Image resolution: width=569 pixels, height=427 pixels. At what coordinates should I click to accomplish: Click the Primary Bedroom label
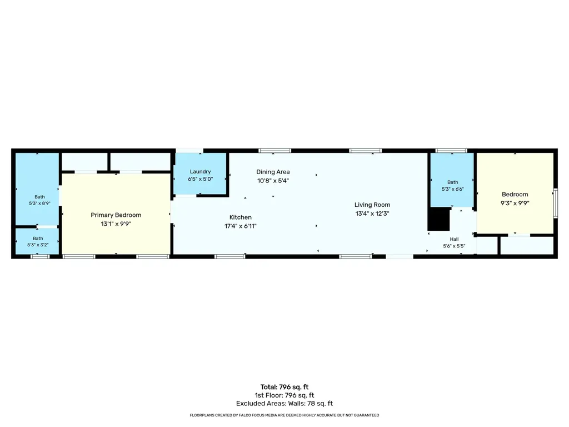[116, 215]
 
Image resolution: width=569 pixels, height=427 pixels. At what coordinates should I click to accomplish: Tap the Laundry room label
[200, 171]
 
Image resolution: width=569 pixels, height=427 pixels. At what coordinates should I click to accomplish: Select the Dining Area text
[273, 172]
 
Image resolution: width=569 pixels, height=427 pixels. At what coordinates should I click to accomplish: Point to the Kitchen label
[240, 217]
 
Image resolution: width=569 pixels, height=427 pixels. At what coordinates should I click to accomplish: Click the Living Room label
[372, 205]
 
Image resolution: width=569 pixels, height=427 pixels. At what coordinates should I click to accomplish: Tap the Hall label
[454, 239]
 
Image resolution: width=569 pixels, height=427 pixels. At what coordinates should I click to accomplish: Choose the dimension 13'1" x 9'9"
[116, 224]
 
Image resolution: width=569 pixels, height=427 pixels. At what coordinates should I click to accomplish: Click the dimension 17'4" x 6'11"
[240, 226]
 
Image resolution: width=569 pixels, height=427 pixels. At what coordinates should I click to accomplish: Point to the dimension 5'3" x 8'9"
[39, 203]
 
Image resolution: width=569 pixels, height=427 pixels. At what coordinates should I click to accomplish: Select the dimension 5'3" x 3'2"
[38, 245]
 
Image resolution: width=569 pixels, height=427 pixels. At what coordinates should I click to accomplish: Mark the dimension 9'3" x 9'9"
[515, 203]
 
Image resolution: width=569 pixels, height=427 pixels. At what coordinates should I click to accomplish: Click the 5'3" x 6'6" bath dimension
[452, 189]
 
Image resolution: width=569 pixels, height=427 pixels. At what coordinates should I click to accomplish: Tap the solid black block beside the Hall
[439, 219]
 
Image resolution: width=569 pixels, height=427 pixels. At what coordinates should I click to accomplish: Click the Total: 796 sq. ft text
[284, 387]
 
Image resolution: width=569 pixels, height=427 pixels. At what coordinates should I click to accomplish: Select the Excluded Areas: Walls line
[284, 404]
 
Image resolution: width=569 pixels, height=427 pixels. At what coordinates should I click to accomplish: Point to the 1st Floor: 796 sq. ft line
[284, 395]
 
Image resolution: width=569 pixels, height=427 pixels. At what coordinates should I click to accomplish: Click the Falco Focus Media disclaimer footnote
[284, 415]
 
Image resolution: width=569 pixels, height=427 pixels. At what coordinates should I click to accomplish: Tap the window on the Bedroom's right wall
[555, 203]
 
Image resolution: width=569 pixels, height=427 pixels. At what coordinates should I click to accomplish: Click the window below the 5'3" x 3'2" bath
[40, 257]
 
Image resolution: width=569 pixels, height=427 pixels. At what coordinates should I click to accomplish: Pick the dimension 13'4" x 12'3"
[372, 213]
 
